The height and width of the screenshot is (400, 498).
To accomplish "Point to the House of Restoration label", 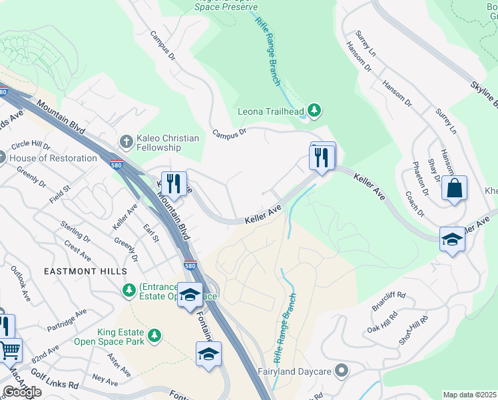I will click(x=53, y=158).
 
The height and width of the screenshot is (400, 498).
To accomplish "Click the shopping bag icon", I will click(x=454, y=188).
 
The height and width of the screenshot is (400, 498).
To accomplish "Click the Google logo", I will click(x=21, y=392).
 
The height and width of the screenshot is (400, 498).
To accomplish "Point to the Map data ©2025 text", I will click(x=470, y=395).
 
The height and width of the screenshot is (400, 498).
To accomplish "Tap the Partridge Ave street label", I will click(x=67, y=321).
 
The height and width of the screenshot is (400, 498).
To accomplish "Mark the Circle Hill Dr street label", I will click(x=31, y=145).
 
